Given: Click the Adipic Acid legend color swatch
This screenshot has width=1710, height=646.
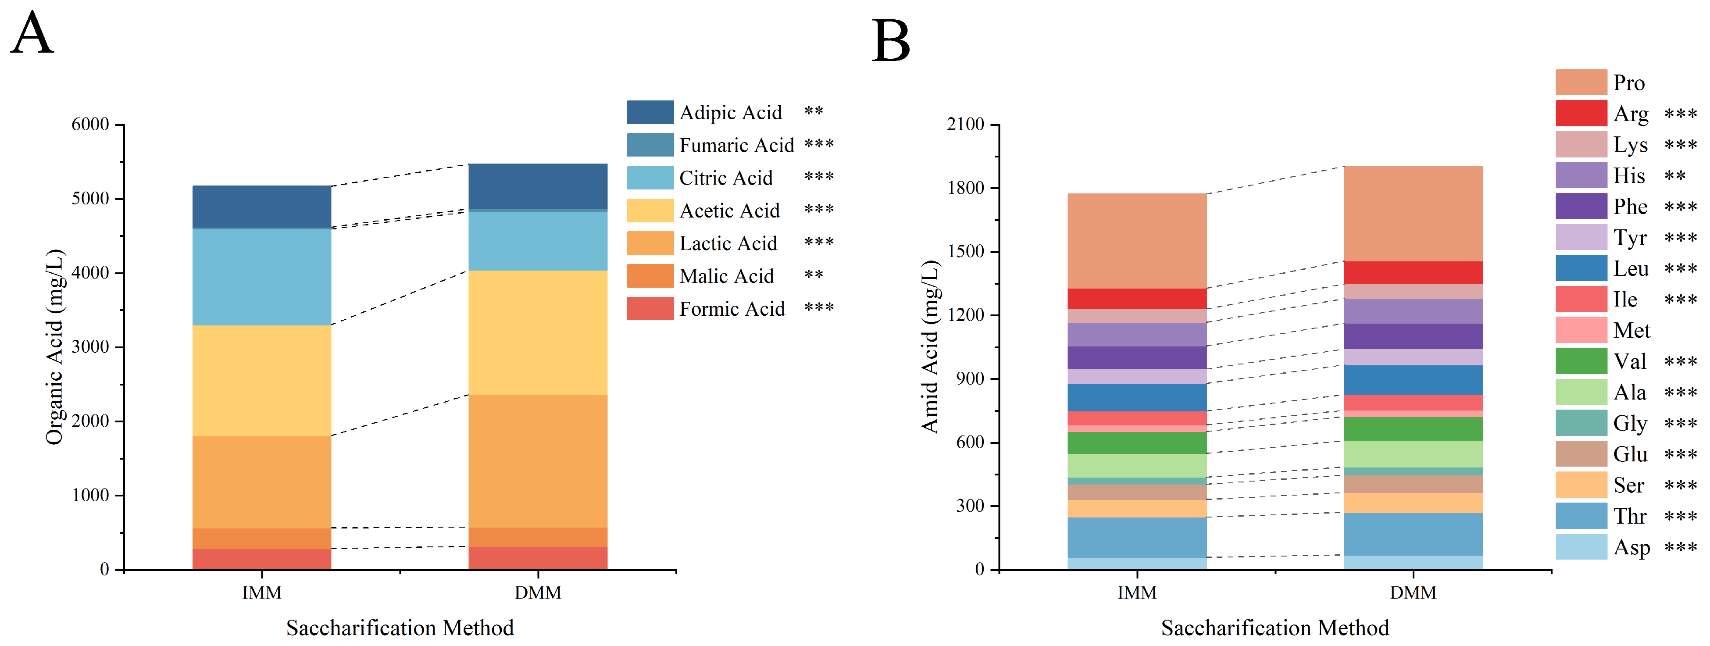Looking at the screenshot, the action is point(650,112).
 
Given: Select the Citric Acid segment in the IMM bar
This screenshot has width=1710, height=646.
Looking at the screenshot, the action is point(261,277).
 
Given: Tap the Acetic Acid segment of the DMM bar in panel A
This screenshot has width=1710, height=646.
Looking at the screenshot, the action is point(538,332).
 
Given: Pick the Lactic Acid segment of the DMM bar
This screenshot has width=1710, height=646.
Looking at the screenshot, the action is point(538,461).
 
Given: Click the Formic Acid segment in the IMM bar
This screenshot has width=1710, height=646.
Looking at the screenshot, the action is point(261,559).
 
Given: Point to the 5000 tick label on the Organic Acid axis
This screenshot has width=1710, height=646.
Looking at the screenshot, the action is point(90,199).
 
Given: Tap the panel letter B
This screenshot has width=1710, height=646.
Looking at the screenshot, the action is point(890,40).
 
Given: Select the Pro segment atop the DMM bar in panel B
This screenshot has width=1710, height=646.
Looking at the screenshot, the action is point(1413,213).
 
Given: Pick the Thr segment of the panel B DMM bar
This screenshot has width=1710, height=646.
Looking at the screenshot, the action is point(1413,535).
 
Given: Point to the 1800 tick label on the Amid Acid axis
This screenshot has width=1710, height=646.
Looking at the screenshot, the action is point(966,188).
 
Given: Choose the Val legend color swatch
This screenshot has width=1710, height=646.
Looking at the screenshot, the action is point(1581,361).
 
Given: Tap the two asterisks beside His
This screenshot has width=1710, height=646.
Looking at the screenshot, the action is point(1675,175).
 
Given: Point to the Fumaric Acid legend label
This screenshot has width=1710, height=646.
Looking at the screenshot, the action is point(736,146).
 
